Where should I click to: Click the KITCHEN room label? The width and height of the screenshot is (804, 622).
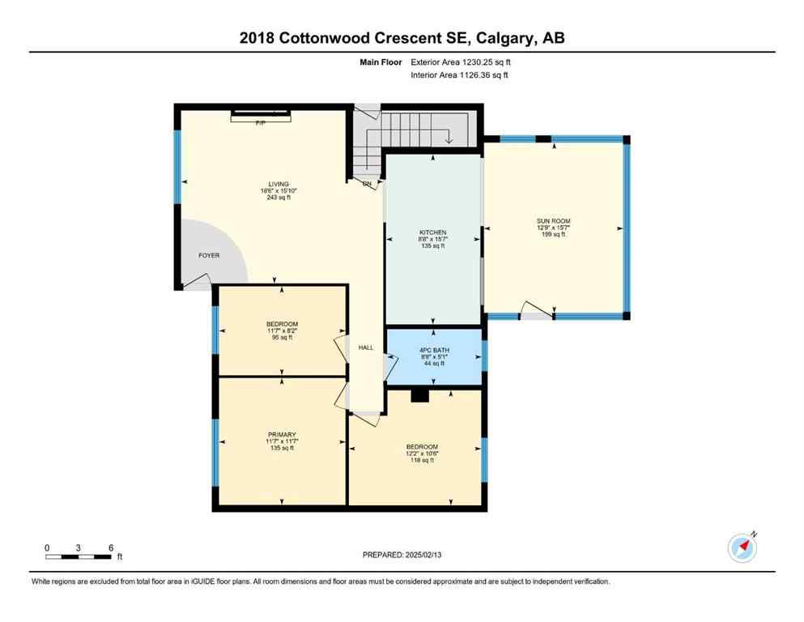(x=433, y=233)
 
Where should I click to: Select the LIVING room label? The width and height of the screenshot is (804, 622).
(x=279, y=184)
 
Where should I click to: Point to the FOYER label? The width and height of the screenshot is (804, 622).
(x=209, y=256)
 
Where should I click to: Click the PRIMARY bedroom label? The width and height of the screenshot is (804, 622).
(x=281, y=435)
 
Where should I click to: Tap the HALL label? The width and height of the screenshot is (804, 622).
(x=366, y=347)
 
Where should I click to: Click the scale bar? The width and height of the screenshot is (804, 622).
(x=79, y=556)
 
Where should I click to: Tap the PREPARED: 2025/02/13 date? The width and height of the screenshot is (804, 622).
(x=402, y=555)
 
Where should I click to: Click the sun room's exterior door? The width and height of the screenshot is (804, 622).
(x=535, y=311)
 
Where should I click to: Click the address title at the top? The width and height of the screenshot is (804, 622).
(x=402, y=38)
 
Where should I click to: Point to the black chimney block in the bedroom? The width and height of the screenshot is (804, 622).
(x=419, y=395)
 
